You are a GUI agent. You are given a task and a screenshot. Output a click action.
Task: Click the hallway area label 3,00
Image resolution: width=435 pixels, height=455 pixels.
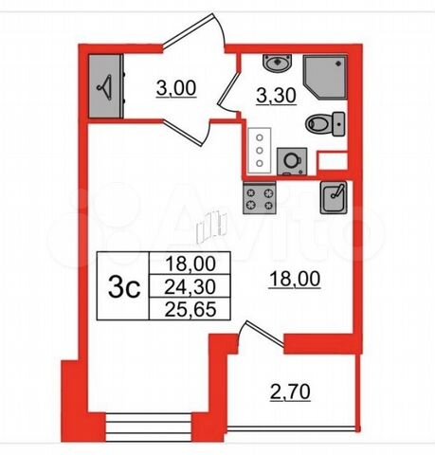pyautogui.click(x=176, y=88)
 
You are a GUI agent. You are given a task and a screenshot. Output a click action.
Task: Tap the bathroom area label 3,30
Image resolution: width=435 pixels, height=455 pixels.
pyautogui.click(x=276, y=96)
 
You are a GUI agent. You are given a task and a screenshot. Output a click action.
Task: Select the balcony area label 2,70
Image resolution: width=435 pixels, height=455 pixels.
pyautogui.click(x=290, y=392)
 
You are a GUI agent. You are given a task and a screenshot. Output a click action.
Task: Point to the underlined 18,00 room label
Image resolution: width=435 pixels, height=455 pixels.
pyautogui.click(x=295, y=279)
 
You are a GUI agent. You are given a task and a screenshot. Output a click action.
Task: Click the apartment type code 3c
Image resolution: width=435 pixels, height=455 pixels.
pyautogui.click(x=124, y=287)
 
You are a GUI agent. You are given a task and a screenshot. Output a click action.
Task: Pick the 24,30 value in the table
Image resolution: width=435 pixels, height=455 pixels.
pyautogui.click(x=190, y=286)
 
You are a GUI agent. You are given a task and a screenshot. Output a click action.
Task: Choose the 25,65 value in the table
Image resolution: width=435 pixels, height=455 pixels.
pyautogui.click(x=190, y=309)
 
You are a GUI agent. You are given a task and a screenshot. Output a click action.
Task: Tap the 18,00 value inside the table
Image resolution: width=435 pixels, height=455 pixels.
pyautogui.click(x=190, y=264)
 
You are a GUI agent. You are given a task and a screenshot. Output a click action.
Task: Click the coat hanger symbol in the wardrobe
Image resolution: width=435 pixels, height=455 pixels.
pyautogui.click(x=105, y=87)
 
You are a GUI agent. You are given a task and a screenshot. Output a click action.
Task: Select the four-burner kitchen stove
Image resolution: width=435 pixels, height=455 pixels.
pyautogui.click(x=260, y=198)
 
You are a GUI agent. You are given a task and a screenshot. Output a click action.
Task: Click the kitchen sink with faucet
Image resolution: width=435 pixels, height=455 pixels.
pyautogui.click(x=334, y=197)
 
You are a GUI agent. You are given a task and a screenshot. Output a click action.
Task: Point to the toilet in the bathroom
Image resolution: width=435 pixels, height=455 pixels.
pyautogui.click(x=325, y=124)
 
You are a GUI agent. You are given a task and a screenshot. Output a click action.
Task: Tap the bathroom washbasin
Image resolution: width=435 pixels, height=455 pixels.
pyautogui.click(x=278, y=63)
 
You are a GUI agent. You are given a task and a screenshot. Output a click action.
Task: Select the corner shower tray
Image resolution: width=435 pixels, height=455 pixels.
pyautogui.click(x=326, y=77)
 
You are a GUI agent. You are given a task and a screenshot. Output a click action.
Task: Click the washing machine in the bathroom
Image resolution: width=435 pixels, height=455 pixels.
pyautogui.click(x=292, y=161)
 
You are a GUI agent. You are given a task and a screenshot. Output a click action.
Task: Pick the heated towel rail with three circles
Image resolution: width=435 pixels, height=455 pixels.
pyautogui.click(x=260, y=151)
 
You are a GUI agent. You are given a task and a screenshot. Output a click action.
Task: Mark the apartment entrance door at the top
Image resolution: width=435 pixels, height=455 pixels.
pyautogui.click(x=193, y=30)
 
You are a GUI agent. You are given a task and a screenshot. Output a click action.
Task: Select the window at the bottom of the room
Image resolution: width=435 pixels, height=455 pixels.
pyautogui.click(x=149, y=428)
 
